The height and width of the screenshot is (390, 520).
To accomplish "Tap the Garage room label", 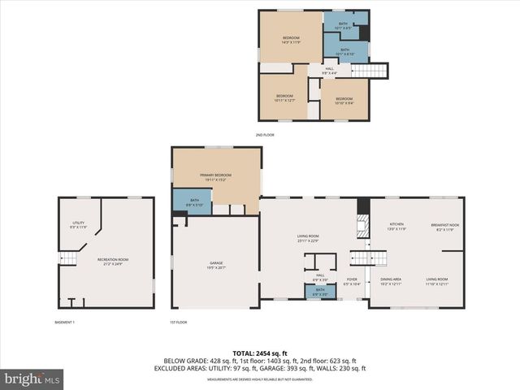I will pos(215,266).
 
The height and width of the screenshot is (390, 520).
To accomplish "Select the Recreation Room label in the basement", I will pos(113,262).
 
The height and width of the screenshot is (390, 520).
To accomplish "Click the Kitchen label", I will pos(396,227).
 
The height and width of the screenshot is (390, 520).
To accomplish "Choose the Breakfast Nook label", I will pos(445,227).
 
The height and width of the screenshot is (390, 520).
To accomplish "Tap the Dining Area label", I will pos(391,281).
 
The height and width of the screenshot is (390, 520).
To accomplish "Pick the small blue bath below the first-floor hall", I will pos(320,292).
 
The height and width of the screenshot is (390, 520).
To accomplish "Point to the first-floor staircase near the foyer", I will pos(362,258).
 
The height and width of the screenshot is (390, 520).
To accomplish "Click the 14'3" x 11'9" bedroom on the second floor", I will pos(291,39).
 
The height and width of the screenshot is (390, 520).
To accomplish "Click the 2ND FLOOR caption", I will pos(265,134).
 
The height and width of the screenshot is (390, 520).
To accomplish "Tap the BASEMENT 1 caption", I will pos(64,323).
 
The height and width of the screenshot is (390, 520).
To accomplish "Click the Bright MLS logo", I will pos(32,379).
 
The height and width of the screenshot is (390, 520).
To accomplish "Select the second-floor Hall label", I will pos(329,71).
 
